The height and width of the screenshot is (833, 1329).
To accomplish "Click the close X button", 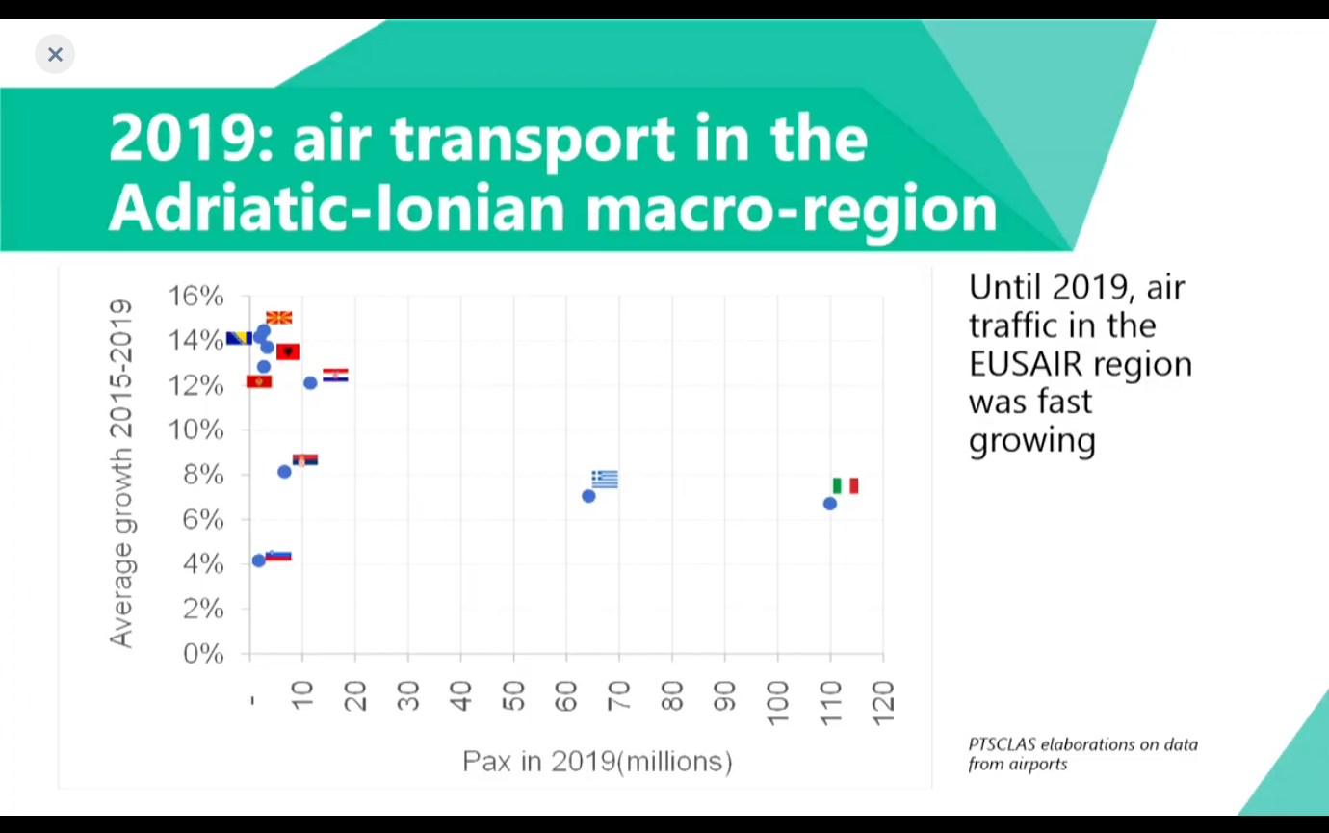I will (x=55, y=54).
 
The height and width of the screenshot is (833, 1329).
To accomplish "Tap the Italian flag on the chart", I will (x=846, y=485).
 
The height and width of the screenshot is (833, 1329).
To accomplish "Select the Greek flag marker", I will (x=605, y=479).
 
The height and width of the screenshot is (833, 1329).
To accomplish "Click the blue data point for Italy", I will (x=830, y=504).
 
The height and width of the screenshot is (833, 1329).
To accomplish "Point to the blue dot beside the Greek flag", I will (x=588, y=496).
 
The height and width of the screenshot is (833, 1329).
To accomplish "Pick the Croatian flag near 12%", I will (x=335, y=376).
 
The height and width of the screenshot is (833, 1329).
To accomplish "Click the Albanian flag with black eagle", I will (x=288, y=351).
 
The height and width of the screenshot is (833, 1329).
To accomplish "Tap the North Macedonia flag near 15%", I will (x=278, y=318).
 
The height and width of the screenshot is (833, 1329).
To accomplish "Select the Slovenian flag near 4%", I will (x=278, y=556).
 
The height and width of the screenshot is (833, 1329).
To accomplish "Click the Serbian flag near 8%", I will (x=305, y=460).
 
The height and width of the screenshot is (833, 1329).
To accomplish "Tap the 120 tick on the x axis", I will (x=883, y=695).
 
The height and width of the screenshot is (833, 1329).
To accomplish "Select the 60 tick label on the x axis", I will (x=566, y=695).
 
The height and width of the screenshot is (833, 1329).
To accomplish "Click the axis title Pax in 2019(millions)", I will (x=597, y=762).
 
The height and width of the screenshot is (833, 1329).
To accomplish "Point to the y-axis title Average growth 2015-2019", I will (x=120, y=473).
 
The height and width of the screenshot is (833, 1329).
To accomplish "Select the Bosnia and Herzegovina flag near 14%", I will (x=238, y=338).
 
